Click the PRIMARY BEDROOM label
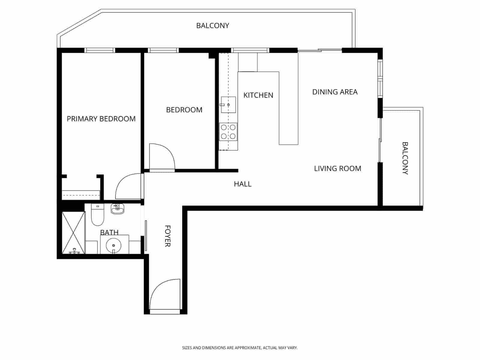pos(101,119)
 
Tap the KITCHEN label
pos(258,95)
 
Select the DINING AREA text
pos(335,92)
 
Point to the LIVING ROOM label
pos(337,169)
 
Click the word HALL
pos(242,184)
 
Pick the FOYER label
pos(167,236)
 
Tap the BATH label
pos(109,232)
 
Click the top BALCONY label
pos(212,26)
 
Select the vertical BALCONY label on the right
pos(405,158)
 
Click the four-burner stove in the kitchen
pos(228,132)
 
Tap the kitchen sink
pos(228,105)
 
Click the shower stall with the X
pos(73,233)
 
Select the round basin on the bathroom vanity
pos(114,245)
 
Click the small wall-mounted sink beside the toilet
pos(117,208)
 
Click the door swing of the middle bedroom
pos(161,156)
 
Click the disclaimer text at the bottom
pos(240,348)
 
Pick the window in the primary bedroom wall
pos(100,50)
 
